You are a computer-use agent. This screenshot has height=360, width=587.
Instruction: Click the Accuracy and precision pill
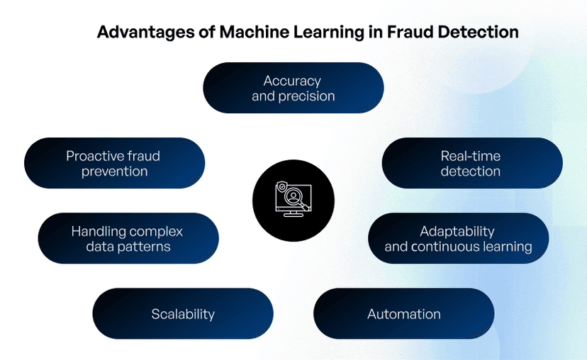click(x=293, y=88)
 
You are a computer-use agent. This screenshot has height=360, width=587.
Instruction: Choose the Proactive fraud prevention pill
click(x=114, y=163)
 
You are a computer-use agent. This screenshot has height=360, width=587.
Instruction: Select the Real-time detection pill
click(x=471, y=163)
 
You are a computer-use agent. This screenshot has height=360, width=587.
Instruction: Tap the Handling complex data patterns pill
click(x=128, y=239)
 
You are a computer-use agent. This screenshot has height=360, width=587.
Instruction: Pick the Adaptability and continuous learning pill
click(x=458, y=239)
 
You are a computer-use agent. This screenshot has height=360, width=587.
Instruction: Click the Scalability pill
click(x=182, y=314)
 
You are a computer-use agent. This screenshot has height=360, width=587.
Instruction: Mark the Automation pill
click(x=403, y=314)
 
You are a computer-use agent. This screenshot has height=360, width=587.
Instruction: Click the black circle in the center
click(x=293, y=201)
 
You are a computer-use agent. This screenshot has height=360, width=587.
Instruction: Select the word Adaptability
click(x=457, y=231)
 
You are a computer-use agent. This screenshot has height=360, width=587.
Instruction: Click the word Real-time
click(x=471, y=156)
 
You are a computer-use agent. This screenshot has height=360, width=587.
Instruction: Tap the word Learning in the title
click(x=330, y=33)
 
